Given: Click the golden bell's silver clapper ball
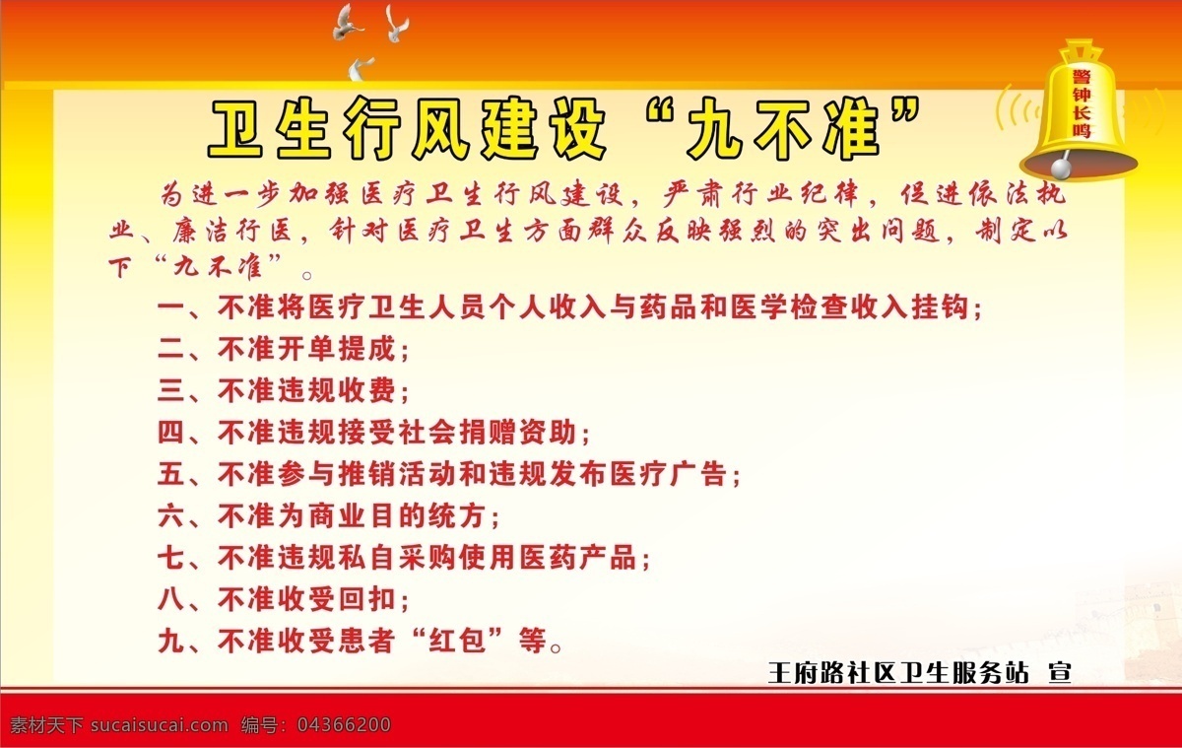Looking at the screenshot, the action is coord(1061,169).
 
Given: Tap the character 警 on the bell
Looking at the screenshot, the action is coord(1082,77).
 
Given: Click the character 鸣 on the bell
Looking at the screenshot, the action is coord(1082,130).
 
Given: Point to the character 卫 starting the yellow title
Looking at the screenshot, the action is coord(235,128).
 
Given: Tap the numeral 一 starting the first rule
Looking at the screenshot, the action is coord(171,306).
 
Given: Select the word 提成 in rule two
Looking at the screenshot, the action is coord(366,349).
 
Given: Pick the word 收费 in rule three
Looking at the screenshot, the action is coord(366,390).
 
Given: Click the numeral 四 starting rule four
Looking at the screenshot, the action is coord(171,433).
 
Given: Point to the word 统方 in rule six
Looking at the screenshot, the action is coord(456,515).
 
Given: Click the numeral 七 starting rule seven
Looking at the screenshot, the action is coord(171,558).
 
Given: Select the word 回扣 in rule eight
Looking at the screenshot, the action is coord(366,599).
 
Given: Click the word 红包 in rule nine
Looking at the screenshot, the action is coord(457,641).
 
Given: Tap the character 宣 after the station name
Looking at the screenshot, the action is coord(1060,673).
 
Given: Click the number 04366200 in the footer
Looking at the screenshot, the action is coord(344,724).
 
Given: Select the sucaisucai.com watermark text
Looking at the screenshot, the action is coord(160,724).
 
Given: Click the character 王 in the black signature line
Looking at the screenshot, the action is coord(780,673).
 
